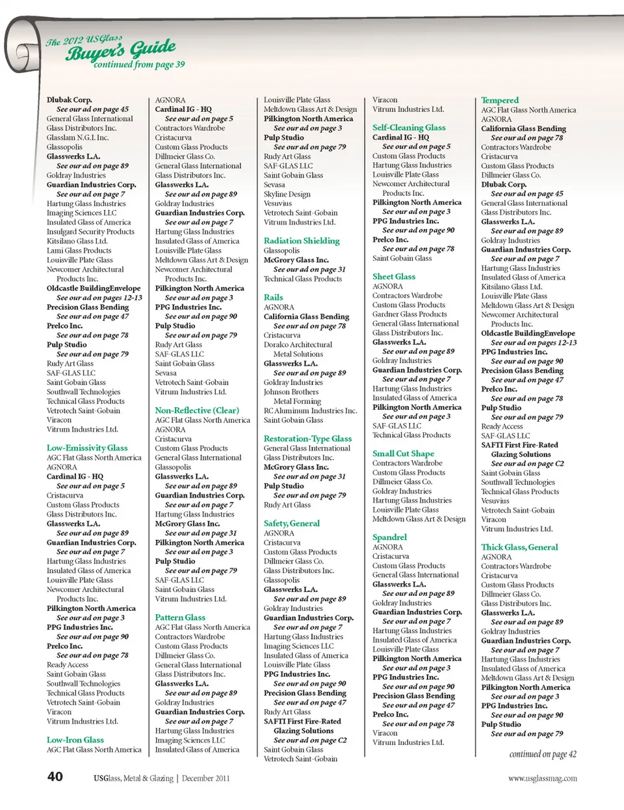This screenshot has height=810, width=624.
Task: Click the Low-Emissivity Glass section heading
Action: click(87, 448)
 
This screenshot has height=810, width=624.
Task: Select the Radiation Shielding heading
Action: click(302, 241)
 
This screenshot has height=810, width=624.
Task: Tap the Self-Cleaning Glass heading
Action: click(409, 128)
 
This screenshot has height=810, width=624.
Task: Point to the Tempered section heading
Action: click(500, 100)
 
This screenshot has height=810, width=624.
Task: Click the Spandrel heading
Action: click(389, 537)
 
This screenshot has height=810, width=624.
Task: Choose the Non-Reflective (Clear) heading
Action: click(197, 411)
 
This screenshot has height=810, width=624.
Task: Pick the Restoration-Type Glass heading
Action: click(307, 439)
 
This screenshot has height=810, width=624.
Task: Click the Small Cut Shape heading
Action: click(403, 453)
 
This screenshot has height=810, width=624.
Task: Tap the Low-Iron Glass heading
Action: click(75, 740)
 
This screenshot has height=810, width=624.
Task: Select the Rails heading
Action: click(273, 297)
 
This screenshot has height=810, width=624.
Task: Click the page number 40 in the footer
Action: click(55, 776)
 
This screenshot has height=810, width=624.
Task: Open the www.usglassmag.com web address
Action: click(543, 778)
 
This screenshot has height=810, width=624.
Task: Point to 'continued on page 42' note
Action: click(543, 755)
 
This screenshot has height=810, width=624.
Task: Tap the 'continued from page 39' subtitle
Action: click(139, 65)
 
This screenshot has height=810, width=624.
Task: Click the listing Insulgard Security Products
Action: click(90, 232)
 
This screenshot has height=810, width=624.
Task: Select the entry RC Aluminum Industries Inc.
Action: click(310, 411)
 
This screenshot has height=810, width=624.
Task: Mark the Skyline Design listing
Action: click(287, 194)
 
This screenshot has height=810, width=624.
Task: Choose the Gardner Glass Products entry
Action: click(409, 314)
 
